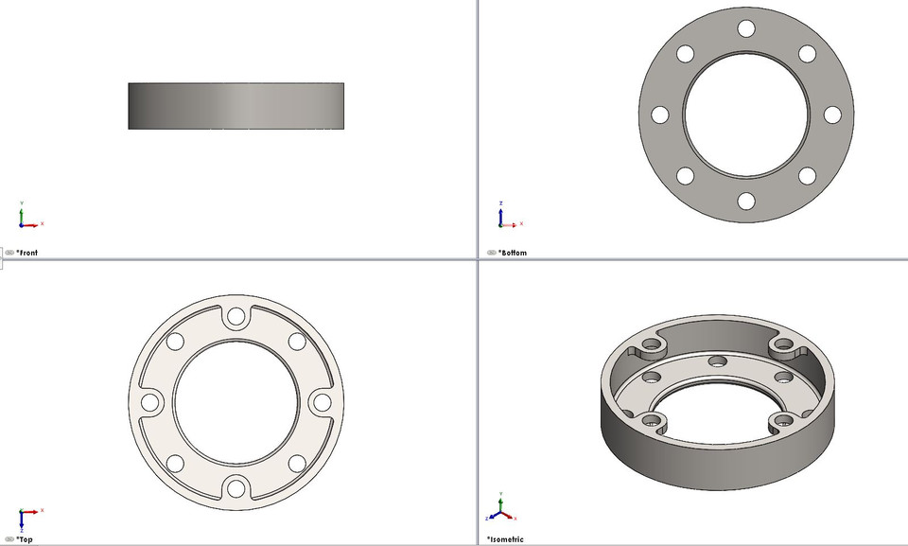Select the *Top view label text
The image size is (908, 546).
25,539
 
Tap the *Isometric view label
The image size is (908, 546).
506,539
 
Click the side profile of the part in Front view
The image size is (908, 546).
236,106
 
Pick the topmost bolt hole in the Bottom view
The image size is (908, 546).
746,29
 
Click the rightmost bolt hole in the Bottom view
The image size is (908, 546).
832,114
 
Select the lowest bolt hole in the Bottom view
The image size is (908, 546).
746,201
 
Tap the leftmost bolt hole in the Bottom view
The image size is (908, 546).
660,114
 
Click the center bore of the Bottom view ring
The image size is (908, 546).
746,114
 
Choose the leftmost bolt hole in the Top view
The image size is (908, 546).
149,402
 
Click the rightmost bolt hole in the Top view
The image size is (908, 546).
322,402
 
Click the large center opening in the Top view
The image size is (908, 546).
236,402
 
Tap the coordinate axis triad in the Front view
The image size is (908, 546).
26,219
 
